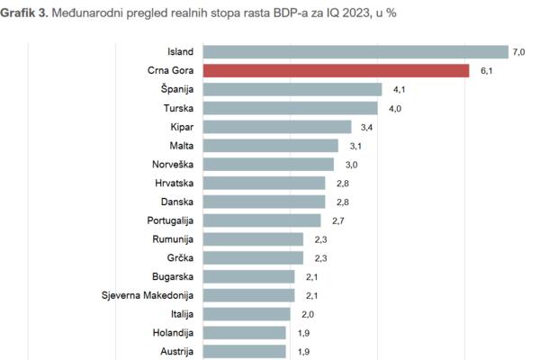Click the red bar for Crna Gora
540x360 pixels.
336,70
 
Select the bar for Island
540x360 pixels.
355,51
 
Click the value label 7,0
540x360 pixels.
518,52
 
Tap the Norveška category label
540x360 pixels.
174,165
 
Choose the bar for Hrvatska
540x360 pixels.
264,183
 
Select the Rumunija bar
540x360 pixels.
253,239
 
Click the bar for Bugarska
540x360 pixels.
248,276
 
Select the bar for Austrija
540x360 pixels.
244,351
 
